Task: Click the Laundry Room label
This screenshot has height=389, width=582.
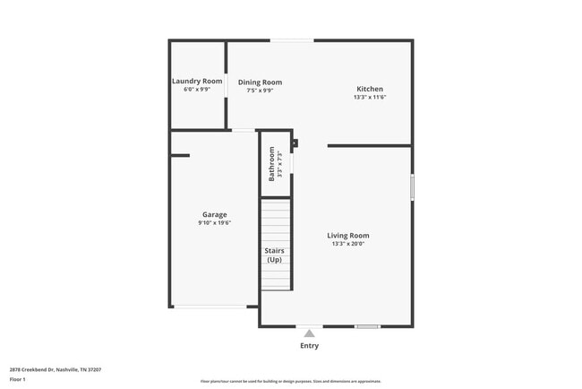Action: (x=197, y=81)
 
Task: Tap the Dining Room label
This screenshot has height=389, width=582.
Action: (x=260, y=82)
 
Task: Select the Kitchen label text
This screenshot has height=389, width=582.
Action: (x=370, y=89)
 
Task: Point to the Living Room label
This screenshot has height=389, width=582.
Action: (x=348, y=235)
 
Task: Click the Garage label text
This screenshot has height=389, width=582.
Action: (x=214, y=214)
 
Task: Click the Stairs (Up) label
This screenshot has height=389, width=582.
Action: (x=274, y=255)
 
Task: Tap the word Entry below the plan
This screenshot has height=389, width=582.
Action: (x=309, y=345)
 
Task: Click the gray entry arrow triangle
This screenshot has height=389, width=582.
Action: (x=309, y=333)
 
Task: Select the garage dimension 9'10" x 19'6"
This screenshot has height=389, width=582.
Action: (x=214, y=223)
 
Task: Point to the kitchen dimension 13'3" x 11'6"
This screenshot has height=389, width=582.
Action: (x=370, y=98)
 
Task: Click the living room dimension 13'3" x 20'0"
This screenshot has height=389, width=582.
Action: (x=348, y=244)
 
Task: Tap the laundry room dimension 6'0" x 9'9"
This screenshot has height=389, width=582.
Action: (x=197, y=90)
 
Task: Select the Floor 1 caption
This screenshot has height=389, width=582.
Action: (x=18, y=379)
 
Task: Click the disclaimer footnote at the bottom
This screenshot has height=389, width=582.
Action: (x=290, y=382)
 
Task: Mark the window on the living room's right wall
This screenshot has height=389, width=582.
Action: (x=412, y=186)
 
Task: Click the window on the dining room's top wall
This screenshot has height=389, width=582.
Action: (x=292, y=40)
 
